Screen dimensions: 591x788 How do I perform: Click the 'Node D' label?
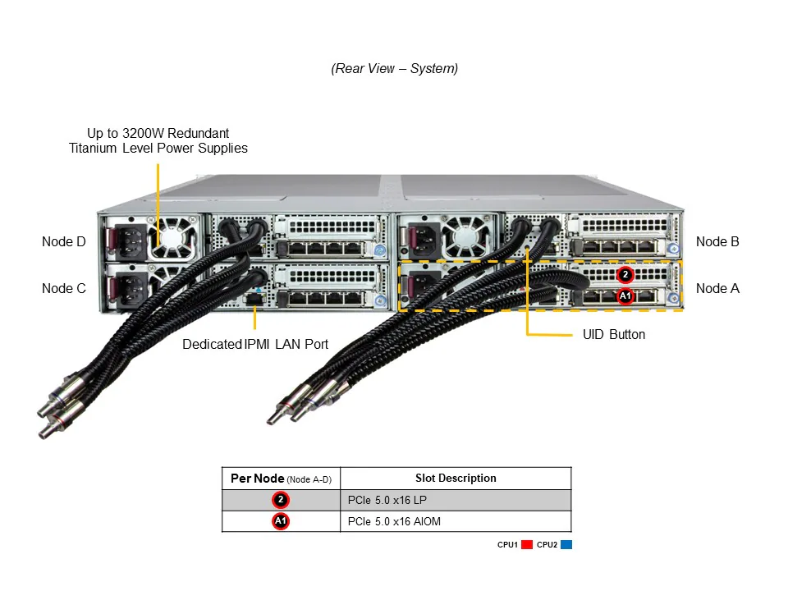coord(63,241)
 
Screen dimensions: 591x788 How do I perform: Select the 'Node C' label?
coord(63,288)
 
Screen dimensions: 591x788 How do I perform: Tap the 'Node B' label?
coord(717,241)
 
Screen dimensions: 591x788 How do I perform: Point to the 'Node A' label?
coord(717,288)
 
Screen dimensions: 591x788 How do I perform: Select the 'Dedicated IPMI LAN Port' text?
coord(255,344)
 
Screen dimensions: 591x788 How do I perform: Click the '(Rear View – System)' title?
coord(395,69)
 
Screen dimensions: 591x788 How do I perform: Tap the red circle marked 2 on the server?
coord(625,274)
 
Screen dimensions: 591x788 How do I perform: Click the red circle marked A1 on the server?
coord(625,295)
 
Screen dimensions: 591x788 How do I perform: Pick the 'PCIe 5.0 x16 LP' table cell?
coord(456,500)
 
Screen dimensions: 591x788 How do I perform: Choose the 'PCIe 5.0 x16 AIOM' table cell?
coord(456,521)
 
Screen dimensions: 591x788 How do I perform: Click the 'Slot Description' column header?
coord(456,478)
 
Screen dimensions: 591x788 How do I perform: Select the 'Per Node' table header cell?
coord(281,479)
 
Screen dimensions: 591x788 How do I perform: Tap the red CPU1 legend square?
coord(527,544)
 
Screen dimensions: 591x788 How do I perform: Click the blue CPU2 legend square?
coord(566,544)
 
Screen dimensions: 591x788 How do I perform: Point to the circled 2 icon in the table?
coord(281,500)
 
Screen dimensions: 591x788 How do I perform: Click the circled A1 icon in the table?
coord(281,521)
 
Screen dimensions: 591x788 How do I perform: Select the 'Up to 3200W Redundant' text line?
coord(158,133)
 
